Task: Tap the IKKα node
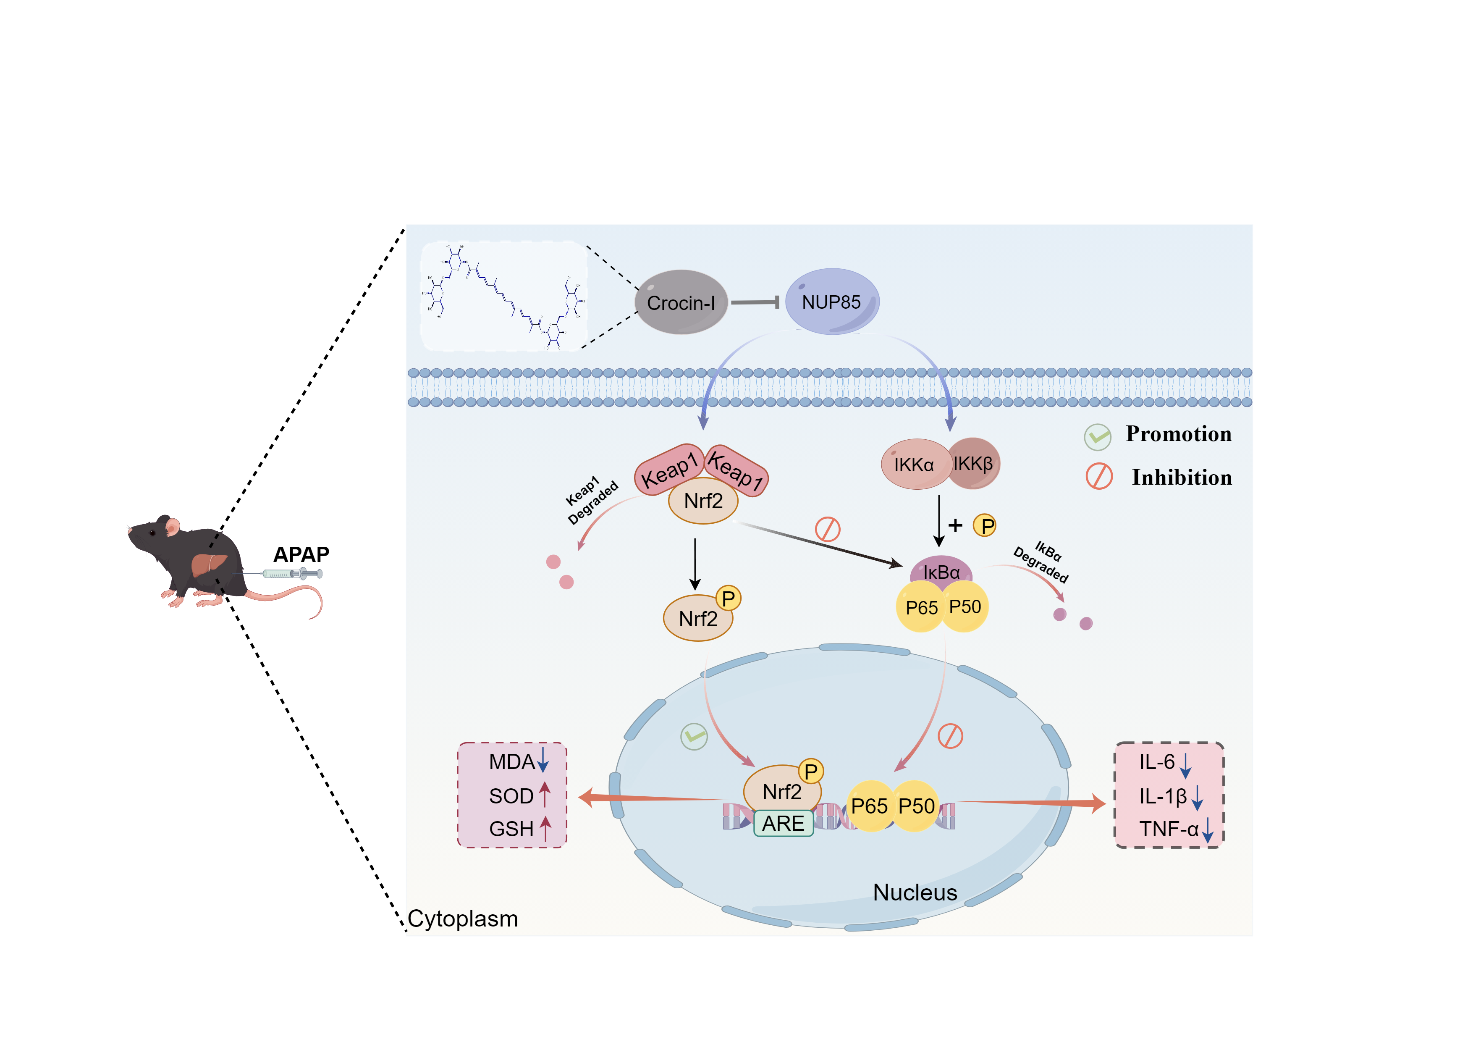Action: (x=914, y=465)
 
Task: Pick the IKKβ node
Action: (x=973, y=463)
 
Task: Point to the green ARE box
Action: (x=784, y=823)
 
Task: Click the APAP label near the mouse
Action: (x=301, y=554)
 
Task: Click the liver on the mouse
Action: (x=209, y=564)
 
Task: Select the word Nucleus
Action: (x=915, y=892)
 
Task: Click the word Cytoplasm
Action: (x=463, y=919)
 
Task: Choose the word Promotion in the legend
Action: (x=1179, y=434)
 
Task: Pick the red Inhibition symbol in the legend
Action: (x=1098, y=477)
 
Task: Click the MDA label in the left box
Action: (x=511, y=761)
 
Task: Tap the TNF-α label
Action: (x=1168, y=829)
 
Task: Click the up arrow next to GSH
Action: (x=545, y=828)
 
